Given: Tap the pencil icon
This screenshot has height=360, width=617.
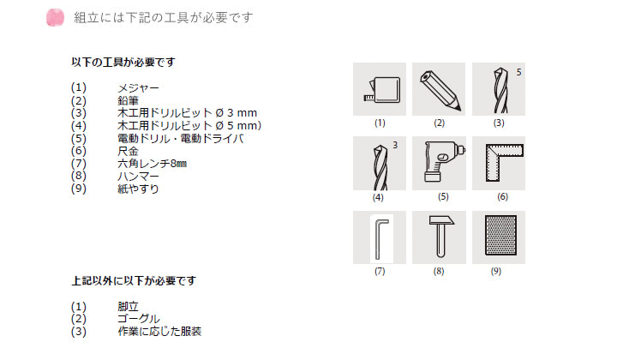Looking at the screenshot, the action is click(x=440, y=90).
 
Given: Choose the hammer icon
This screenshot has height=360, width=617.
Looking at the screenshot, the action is click(x=441, y=236).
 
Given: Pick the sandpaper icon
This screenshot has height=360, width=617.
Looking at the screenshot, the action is click(x=500, y=235).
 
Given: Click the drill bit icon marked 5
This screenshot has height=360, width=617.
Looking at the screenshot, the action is click(x=500, y=90).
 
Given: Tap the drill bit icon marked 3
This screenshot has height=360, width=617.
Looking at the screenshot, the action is click(x=380, y=167).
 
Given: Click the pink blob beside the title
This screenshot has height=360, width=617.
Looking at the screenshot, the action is click(x=55, y=18).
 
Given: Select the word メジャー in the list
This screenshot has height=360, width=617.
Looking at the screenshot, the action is click(x=138, y=87).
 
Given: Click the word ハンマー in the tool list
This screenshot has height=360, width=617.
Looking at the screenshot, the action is click(x=138, y=177).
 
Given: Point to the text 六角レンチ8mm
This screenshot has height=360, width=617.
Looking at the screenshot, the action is click(x=153, y=164).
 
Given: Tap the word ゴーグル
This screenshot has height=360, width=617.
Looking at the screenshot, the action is click(x=139, y=319).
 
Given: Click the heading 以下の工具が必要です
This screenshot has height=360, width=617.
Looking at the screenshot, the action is click(x=123, y=63).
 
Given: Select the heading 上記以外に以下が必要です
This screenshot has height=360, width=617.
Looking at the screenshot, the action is click(x=134, y=281).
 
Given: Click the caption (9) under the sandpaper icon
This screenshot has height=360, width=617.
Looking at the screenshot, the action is click(x=496, y=271).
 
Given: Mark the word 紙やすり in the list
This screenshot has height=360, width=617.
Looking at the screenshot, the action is click(x=138, y=189).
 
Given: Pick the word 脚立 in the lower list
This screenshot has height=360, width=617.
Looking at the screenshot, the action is click(x=128, y=306).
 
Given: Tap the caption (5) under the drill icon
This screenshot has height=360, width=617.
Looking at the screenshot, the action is click(x=443, y=197).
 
